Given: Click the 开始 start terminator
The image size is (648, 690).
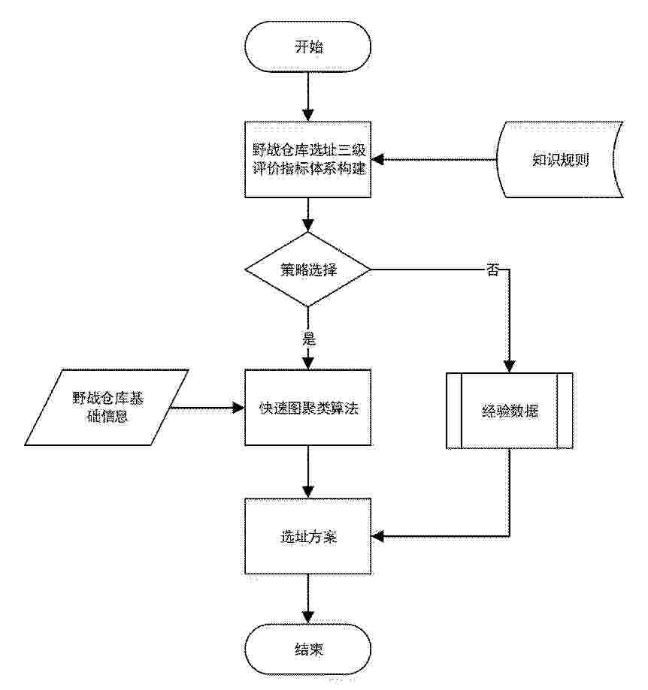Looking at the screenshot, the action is click(308, 47).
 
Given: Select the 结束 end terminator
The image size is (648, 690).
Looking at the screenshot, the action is click(308, 649).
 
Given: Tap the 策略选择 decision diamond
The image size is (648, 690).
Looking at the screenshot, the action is click(308, 270).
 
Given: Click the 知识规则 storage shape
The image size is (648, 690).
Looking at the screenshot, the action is click(560, 159).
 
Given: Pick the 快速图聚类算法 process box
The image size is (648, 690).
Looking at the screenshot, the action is click(308, 408).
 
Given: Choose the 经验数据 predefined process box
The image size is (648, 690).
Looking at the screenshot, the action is click(510, 411).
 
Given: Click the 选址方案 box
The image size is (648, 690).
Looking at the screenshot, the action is click(308, 536).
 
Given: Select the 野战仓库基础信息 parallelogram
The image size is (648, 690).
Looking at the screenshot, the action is click(107, 408).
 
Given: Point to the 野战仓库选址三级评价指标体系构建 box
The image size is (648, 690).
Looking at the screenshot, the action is click(308, 159).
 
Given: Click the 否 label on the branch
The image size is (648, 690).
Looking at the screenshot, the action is click(492, 270).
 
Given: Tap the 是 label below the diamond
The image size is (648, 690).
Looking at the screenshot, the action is click(309, 339).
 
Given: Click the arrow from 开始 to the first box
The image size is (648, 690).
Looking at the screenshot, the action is click(308, 97).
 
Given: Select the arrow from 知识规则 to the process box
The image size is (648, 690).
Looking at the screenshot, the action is click(434, 159).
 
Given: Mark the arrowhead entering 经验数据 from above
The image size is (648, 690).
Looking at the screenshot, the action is click(510, 366).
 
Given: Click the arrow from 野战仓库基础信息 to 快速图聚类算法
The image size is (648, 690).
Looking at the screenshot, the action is click(207, 408).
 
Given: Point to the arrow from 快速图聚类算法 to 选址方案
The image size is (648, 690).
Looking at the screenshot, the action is click(308, 472).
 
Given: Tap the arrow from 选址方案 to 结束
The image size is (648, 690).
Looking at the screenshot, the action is click(308, 599).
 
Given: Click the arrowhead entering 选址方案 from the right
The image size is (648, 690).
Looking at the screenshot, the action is click(377, 536).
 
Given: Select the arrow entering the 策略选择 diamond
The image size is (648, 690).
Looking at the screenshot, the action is click(308, 215).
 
